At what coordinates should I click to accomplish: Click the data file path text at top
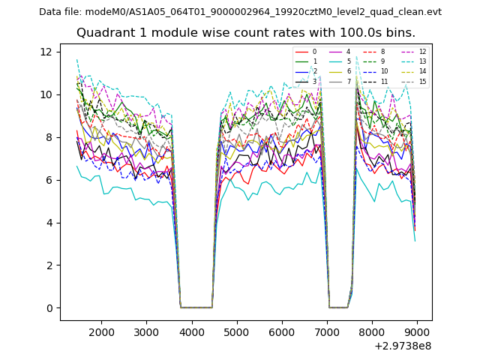pos(240,11)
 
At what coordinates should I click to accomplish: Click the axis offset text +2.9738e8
pos(402,346)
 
